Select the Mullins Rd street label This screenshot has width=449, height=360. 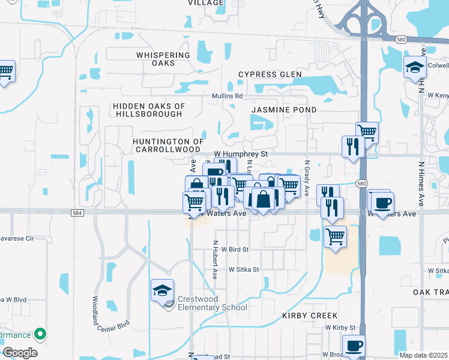click(227, 96)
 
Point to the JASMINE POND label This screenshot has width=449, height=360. click(284, 110)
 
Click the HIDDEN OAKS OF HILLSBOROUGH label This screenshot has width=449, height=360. click(148, 110)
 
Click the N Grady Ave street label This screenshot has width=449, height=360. click(306, 178)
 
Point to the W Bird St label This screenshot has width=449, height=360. click(235, 249)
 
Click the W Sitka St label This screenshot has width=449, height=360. click(244, 270)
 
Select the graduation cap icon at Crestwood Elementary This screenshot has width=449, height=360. click(162, 291)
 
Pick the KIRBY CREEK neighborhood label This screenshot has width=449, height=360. click(310, 316)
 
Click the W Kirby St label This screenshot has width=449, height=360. click(340, 328)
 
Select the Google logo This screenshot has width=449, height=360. click(20, 353)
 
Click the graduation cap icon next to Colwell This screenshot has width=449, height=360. click(415, 67)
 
